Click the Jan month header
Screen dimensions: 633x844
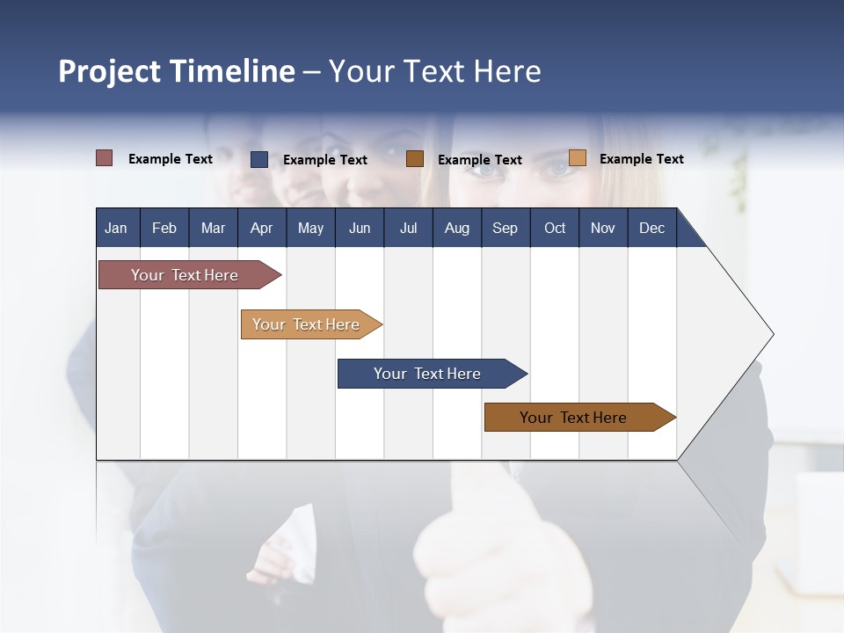(x=117, y=228)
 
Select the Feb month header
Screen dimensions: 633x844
(x=164, y=228)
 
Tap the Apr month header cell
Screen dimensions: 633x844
(x=262, y=228)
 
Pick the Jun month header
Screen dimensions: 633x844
(x=360, y=228)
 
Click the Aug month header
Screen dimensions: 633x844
(x=457, y=228)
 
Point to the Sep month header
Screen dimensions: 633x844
(x=506, y=228)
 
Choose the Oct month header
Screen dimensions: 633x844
(x=555, y=228)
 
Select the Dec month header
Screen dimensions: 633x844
(x=652, y=228)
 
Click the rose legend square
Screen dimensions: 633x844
(x=105, y=158)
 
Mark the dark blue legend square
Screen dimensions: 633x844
(x=259, y=159)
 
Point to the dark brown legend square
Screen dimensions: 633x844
(x=415, y=159)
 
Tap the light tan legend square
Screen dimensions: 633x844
(x=578, y=158)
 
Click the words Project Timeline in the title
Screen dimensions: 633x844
(x=176, y=71)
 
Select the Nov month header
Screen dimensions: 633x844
(x=603, y=228)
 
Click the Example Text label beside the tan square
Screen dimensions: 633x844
(x=642, y=159)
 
